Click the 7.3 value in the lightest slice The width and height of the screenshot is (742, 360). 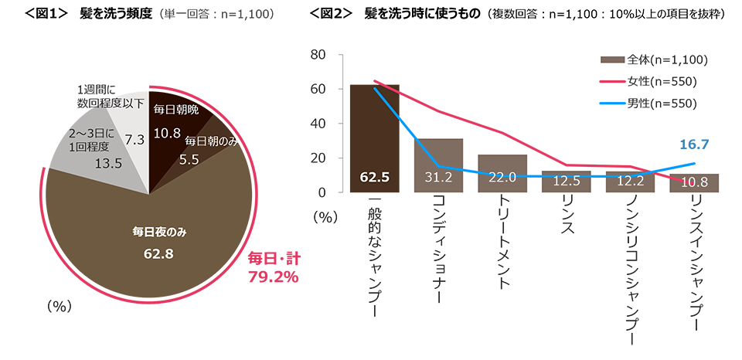click(x=134, y=140)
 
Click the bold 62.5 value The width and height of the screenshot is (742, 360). click(x=374, y=178)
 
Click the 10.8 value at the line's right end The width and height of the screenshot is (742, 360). click(x=695, y=183)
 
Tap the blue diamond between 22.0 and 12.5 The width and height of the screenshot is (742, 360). click(x=534, y=177)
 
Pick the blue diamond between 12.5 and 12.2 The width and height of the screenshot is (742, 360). click(x=598, y=178)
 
